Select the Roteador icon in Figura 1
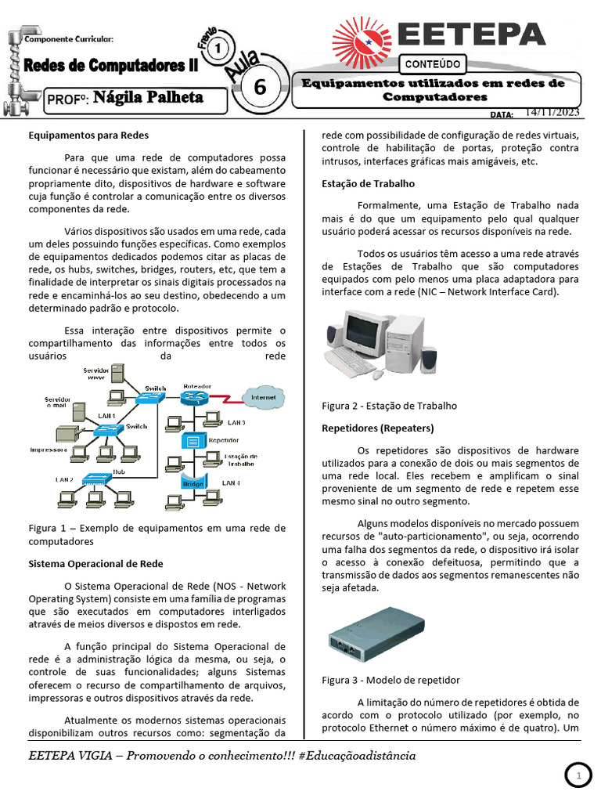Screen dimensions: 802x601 pyautogui.click(x=192, y=398)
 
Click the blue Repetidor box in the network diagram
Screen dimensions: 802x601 pyautogui.click(x=192, y=441)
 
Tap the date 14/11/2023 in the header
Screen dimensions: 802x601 pyautogui.click(x=552, y=113)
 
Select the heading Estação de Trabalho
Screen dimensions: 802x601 pyautogui.click(x=368, y=185)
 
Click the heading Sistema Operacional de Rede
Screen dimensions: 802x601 pyautogui.click(x=95, y=563)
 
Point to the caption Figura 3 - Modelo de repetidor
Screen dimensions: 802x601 pyautogui.click(x=390, y=680)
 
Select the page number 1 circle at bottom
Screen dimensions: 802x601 pyautogui.click(x=579, y=776)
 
